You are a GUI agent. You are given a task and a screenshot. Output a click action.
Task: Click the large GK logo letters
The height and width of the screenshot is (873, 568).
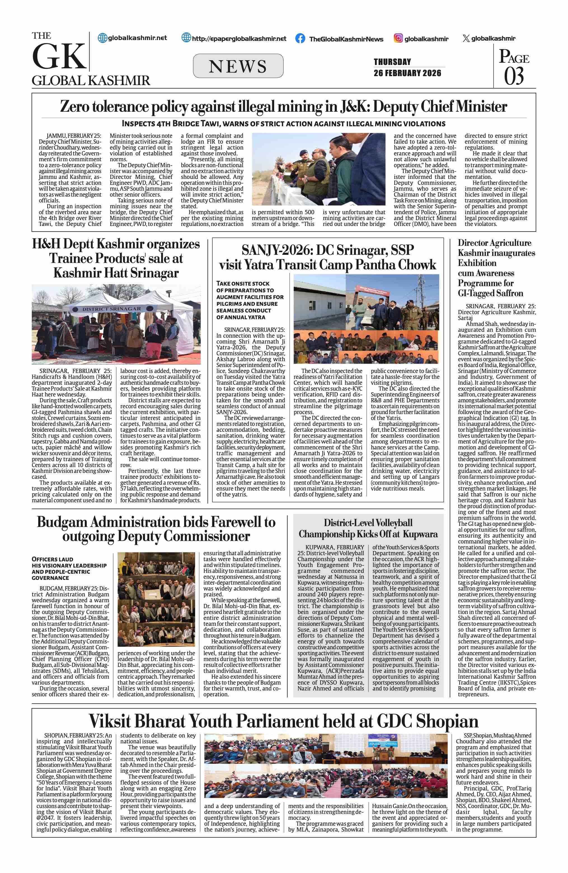tap(59, 57)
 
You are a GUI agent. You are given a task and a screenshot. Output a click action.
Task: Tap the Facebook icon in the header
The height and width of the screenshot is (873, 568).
tap(300, 39)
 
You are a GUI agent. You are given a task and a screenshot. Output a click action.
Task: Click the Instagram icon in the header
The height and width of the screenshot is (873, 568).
tap(398, 38)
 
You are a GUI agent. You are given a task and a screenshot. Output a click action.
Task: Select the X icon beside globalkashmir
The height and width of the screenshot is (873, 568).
tap(466, 39)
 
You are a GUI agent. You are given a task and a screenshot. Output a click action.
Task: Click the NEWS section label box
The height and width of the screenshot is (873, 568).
tap(238, 66)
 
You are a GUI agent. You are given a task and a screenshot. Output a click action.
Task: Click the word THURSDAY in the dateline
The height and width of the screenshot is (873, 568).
tap(392, 62)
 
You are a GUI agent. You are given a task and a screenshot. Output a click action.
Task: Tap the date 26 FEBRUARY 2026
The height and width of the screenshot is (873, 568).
tap(407, 73)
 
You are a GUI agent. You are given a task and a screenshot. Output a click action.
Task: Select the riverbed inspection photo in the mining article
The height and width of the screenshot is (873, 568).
tap(318, 169)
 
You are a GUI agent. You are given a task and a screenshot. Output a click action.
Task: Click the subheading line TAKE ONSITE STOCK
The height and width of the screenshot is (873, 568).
tap(243, 284)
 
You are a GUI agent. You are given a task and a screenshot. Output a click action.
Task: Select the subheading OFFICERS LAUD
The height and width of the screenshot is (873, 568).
tap(52, 559)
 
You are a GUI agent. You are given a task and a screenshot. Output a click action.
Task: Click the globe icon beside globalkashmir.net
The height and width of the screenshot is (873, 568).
tap(102, 38)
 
